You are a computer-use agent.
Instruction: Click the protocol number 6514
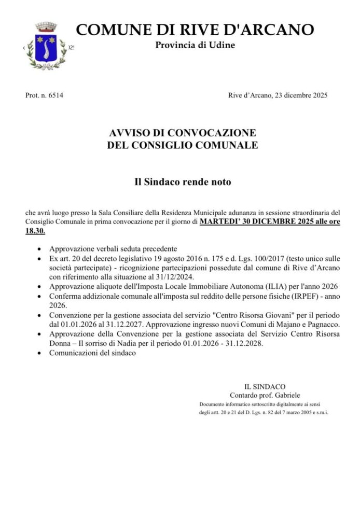(54, 95)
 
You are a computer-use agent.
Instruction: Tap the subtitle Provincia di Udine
(195, 45)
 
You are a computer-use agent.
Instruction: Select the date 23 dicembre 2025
(298, 95)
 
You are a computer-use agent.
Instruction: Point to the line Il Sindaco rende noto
(179, 182)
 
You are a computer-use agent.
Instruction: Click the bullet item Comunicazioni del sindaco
(92, 353)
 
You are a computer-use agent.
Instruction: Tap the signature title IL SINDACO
(265, 386)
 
